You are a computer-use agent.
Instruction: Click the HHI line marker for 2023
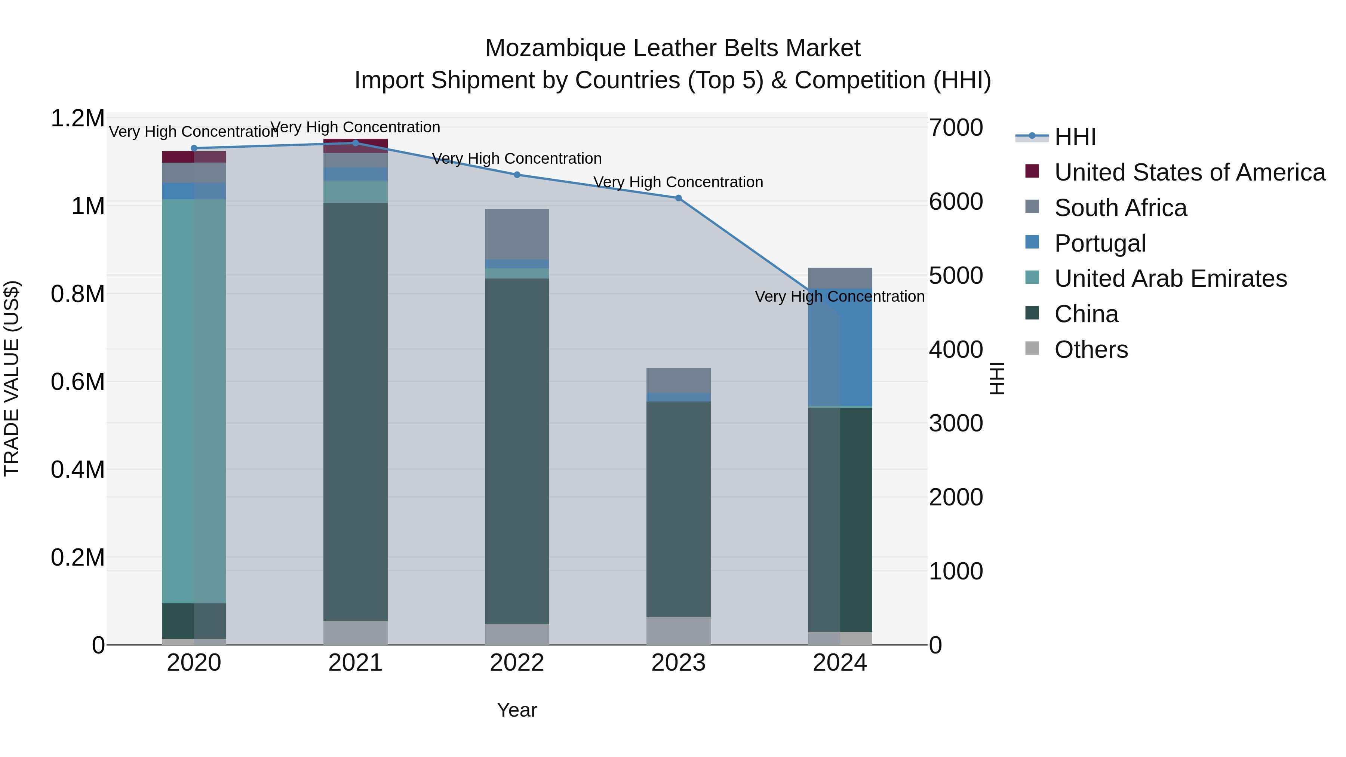click(678, 198)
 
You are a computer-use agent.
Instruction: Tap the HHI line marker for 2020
click(194, 148)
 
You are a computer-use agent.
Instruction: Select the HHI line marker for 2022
click(517, 175)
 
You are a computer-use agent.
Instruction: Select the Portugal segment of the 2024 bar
click(840, 347)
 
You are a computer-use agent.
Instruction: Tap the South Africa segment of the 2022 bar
click(517, 234)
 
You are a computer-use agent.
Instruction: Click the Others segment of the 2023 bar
click(678, 631)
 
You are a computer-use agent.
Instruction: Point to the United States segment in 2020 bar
click(194, 157)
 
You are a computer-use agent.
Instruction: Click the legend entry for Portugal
click(1100, 243)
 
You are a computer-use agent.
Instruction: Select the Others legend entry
click(1091, 350)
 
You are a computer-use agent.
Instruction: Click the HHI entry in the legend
click(1075, 137)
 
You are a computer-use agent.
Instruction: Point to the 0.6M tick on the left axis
click(77, 382)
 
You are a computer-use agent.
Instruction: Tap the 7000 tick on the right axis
click(956, 127)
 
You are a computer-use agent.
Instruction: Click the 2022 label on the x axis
click(517, 663)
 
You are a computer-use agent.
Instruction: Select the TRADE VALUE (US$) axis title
click(12, 378)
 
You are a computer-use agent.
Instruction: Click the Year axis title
click(517, 710)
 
